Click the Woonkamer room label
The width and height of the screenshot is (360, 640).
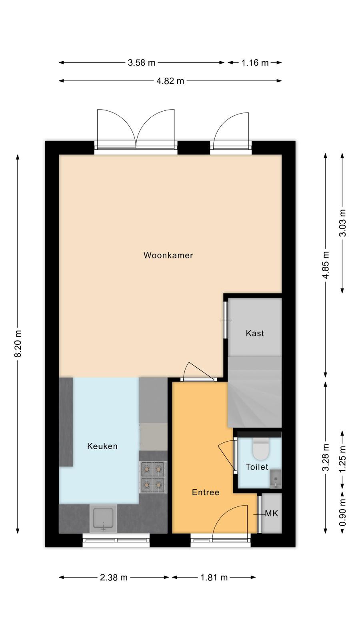tap(168, 255)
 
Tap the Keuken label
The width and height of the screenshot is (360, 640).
tap(102, 446)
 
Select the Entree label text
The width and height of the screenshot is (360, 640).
tap(206, 492)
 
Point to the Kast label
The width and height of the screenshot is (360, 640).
tap(254, 333)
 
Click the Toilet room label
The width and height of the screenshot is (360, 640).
tap(257, 467)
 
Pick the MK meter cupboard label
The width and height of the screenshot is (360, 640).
tap(272, 514)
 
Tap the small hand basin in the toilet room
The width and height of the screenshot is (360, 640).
tap(276, 478)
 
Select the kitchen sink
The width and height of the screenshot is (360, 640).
tap(103, 518)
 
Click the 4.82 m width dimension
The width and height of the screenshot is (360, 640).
tap(170, 81)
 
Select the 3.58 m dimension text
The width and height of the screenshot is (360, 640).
tap(142, 62)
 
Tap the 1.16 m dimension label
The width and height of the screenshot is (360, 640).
tap(255, 62)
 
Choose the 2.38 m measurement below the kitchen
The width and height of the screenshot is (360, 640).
tap(114, 578)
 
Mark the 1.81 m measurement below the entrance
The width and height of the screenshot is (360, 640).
tap(214, 578)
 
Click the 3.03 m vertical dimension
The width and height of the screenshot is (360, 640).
tap(342, 223)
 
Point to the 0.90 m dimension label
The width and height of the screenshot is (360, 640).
tap(342, 512)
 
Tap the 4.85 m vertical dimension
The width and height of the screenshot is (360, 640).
tap(326, 265)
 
